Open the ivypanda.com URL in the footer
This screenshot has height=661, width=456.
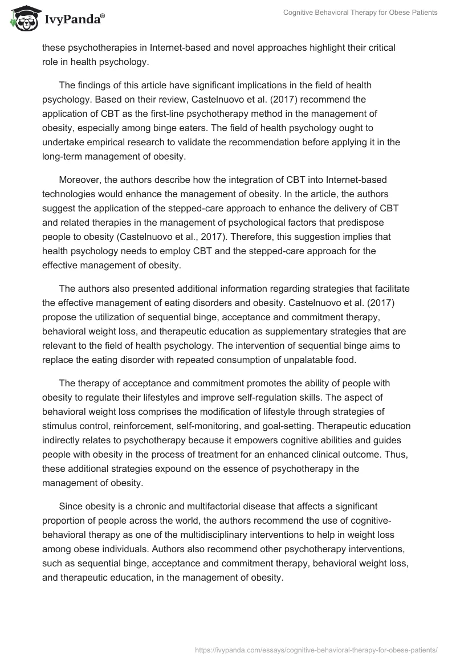[x=315, y=649]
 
